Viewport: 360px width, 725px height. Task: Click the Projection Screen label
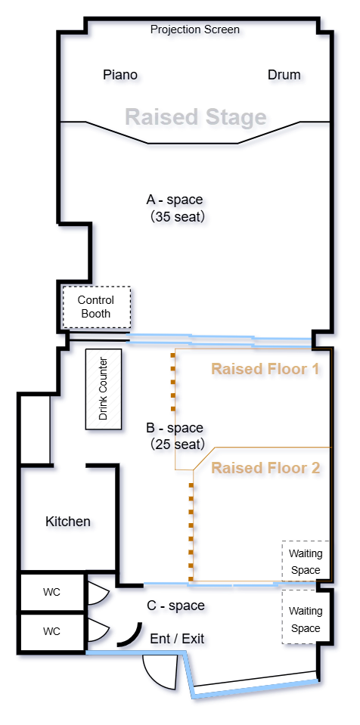(195, 30)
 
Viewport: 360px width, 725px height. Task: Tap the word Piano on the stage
(119, 75)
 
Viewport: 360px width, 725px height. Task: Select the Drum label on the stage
(284, 75)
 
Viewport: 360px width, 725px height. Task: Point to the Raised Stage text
(196, 117)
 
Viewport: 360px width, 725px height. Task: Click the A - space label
(175, 200)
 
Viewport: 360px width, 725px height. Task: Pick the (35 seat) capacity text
(177, 216)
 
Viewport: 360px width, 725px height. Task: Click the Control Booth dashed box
(97, 307)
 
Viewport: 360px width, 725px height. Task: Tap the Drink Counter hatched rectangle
(104, 389)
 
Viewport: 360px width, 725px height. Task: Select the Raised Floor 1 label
(265, 369)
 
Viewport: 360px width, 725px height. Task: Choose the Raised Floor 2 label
(265, 467)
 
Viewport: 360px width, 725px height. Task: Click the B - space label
(175, 428)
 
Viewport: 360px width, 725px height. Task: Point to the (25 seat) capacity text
(177, 445)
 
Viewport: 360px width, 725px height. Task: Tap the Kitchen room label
(68, 522)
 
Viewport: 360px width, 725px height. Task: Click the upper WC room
(52, 592)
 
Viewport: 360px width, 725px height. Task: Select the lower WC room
(52, 631)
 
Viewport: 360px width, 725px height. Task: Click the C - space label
(175, 606)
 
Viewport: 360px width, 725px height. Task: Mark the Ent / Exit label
(177, 639)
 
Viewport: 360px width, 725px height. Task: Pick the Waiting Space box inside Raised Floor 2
(306, 561)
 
